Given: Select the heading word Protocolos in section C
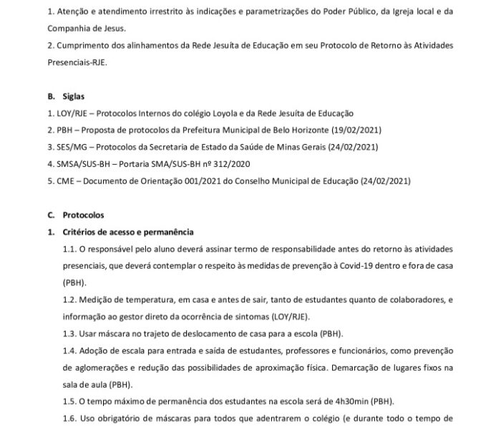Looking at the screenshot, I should (x=84, y=214).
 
